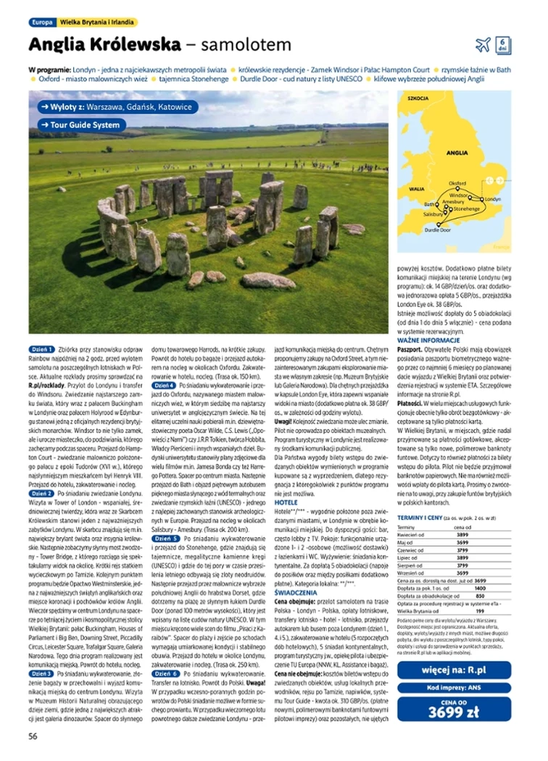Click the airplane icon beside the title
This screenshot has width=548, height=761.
pyautogui.click(x=483, y=45)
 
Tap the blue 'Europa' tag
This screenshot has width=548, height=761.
pyautogui.click(x=40, y=22)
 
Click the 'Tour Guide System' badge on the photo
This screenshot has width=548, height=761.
pyautogui.click(x=82, y=125)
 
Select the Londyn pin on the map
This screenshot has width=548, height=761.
pyautogui.click(x=481, y=198)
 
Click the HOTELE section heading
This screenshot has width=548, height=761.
pyautogui.click(x=287, y=501)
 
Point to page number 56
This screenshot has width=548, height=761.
pyautogui.click(x=33, y=736)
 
